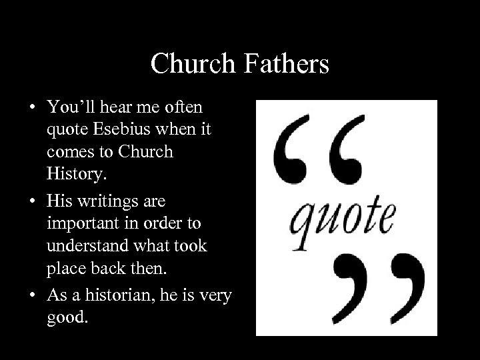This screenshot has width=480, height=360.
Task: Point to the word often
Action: click(x=182, y=107)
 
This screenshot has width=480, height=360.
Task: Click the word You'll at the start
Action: click(x=69, y=107)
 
